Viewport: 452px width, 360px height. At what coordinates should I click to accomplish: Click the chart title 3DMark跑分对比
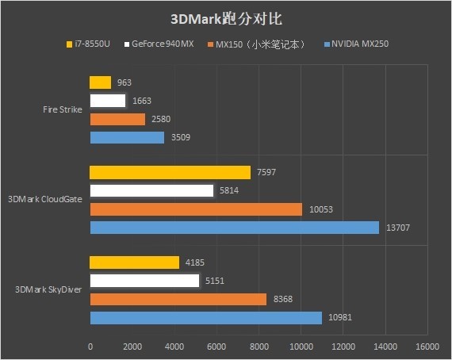click(226, 17)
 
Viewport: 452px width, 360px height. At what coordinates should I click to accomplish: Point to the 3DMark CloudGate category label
click(44, 200)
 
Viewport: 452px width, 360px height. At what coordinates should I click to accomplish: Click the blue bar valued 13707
click(235, 228)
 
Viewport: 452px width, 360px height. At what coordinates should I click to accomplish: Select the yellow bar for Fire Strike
click(100, 82)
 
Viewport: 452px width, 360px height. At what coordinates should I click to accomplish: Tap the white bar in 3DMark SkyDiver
click(144, 281)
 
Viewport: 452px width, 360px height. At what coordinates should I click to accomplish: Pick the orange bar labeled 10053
click(196, 209)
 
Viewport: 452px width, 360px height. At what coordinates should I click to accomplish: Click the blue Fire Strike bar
click(127, 137)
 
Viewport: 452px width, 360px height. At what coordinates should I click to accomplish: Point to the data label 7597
click(267, 172)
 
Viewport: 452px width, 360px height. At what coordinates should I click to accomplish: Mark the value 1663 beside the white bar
click(142, 101)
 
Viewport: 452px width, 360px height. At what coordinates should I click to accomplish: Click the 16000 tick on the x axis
click(427, 347)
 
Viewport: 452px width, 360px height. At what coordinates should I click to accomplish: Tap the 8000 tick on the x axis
click(259, 347)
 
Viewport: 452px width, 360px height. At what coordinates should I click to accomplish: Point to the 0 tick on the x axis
click(90, 347)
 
